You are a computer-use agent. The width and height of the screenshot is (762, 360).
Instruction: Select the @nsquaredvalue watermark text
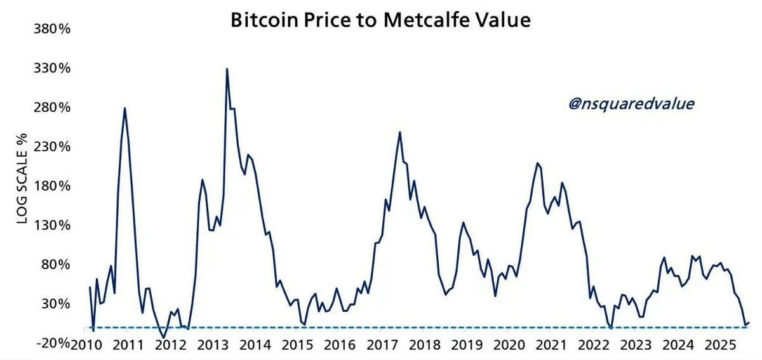pyautogui.click(x=631, y=104)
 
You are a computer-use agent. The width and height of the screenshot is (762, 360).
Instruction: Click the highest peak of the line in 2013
pyautogui.click(x=227, y=69)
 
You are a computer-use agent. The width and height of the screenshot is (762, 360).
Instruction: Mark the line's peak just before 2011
pyautogui.click(x=124, y=108)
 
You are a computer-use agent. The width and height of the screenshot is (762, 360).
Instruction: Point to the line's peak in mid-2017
pyautogui.click(x=399, y=132)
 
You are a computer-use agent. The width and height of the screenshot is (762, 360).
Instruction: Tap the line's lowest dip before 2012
pyautogui.click(x=164, y=337)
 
